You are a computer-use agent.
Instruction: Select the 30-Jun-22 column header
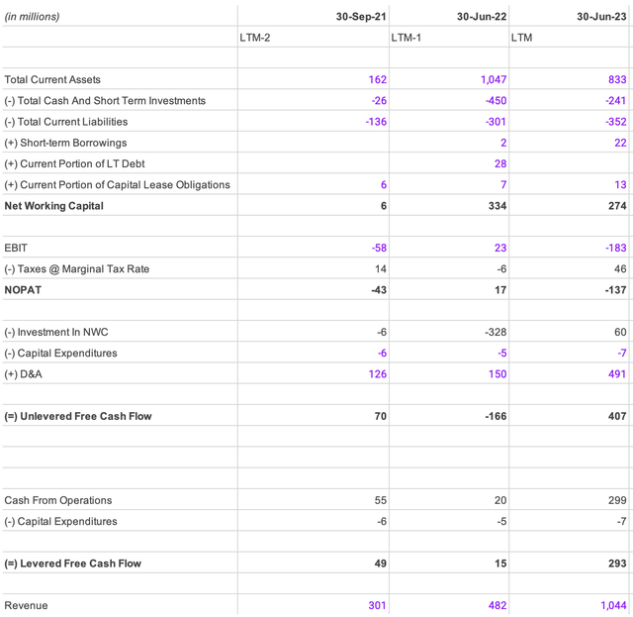(482, 17)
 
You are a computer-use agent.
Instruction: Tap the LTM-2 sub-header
(258, 38)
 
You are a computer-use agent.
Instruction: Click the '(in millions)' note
(32, 17)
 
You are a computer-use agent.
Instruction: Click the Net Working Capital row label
(53, 206)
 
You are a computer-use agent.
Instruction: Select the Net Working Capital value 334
(497, 206)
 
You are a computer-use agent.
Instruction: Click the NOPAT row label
(24, 290)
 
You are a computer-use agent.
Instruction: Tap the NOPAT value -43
(378, 290)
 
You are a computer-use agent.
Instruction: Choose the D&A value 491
(617, 373)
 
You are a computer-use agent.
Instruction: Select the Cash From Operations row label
(58, 500)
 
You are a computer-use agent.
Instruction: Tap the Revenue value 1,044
(611, 605)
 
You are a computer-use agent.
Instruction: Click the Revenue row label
(26, 605)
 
